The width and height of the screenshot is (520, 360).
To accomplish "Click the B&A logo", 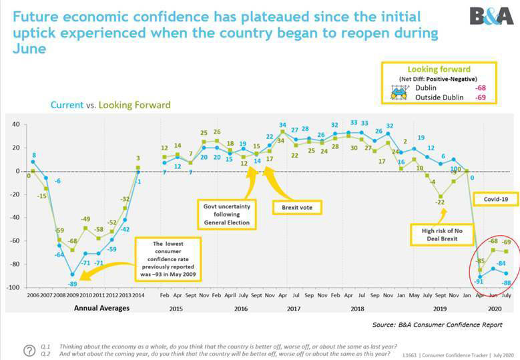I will click(491, 16).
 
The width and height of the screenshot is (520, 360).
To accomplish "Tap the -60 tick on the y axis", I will click(14, 240).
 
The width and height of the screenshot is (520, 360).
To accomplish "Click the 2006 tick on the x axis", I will click(32, 295).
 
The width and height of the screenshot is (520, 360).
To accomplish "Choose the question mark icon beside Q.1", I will click(29, 351).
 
